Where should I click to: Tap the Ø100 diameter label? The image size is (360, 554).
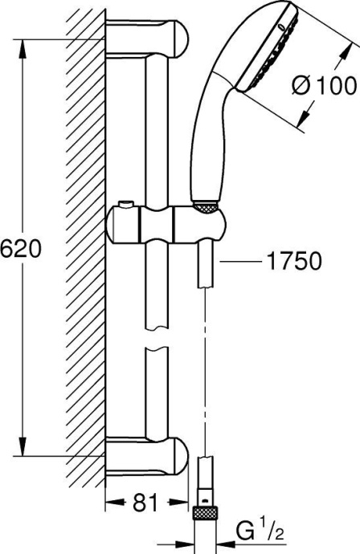325,84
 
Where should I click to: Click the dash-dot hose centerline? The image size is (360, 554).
207,361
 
